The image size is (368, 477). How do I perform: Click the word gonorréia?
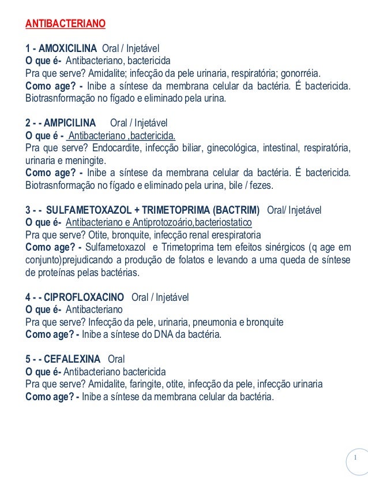point(302,73)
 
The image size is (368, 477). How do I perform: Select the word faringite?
point(147,384)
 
